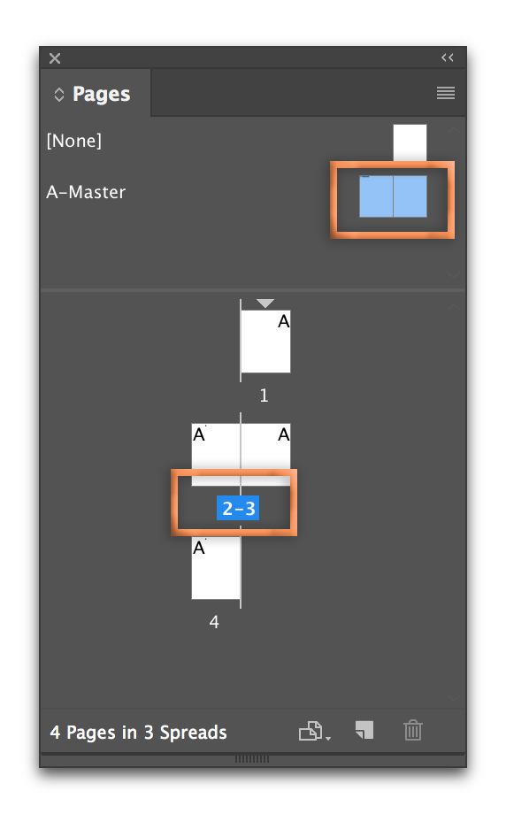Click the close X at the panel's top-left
(55, 58)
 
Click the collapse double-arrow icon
(448, 58)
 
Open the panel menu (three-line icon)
(446, 93)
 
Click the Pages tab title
(101, 94)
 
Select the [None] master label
(74, 141)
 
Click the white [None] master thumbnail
(410, 142)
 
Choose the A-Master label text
(86, 192)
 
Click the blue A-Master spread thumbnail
(393, 196)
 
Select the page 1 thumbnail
(265, 341)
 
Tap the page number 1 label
(264, 395)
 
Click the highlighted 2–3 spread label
(238, 508)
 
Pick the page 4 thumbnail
(216, 568)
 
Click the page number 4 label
(214, 621)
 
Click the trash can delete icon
(413, 731)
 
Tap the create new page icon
(364, 730)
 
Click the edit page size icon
(314, 731)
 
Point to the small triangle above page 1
(265, 303)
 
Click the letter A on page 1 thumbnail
(283, 322)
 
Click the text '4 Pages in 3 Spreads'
(139, 732)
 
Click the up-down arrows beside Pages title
(59, 95)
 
